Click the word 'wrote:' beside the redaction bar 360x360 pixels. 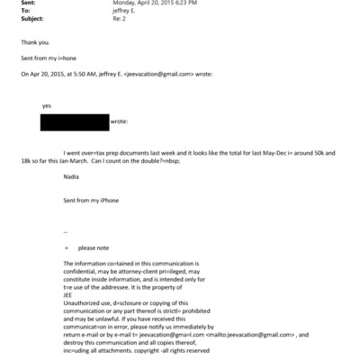(x=119, y=120)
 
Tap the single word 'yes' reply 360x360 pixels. (x=47, y=105)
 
